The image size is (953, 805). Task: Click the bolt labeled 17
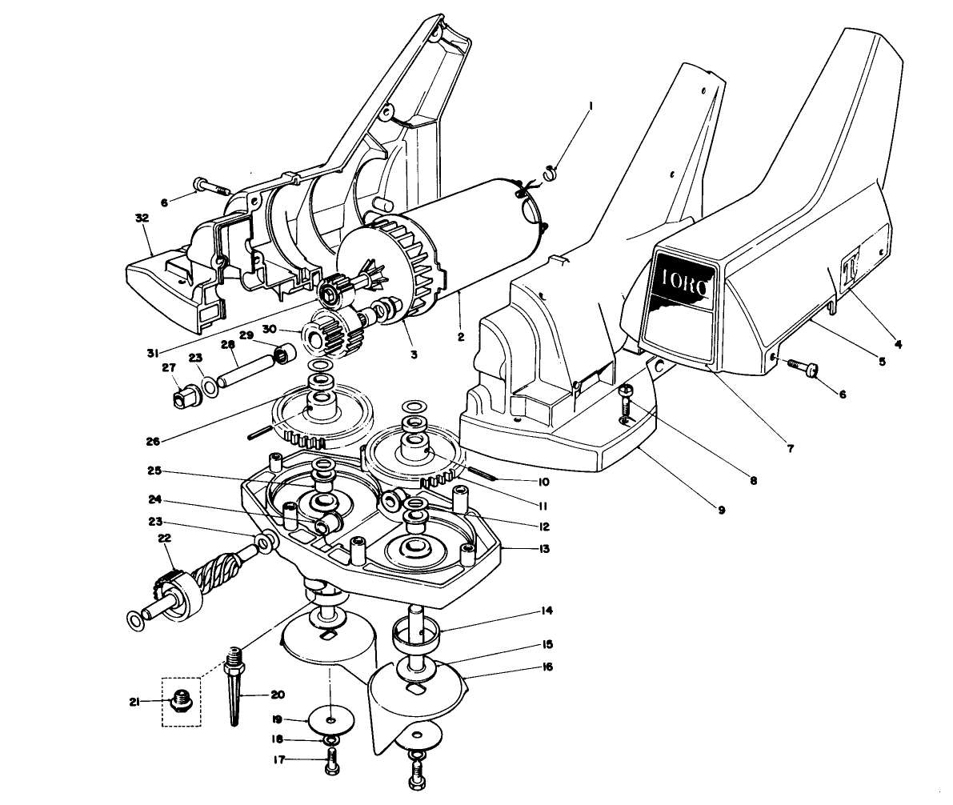point(331,761)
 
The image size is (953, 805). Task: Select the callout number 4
point(898,345)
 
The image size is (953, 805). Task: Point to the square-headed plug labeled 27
point(186,394)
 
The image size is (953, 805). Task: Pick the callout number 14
point(546,611)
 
